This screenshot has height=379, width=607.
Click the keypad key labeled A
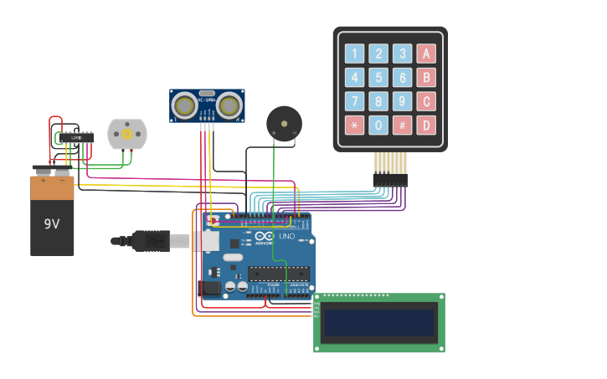pos(427,54)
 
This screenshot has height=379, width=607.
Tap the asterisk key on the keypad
pos(354,125)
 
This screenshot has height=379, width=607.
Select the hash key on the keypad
pos(403,125)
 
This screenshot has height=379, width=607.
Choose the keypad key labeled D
pos(427,125)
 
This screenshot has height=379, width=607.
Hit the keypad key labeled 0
pos(378,125)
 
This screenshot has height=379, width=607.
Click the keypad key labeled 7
pos(354,102)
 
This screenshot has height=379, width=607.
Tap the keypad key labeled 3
pos(403,54)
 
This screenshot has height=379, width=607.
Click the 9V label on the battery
pos(52,224)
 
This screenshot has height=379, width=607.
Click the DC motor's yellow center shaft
pos(127,133)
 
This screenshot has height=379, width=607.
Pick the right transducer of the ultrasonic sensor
pos(230,105)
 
